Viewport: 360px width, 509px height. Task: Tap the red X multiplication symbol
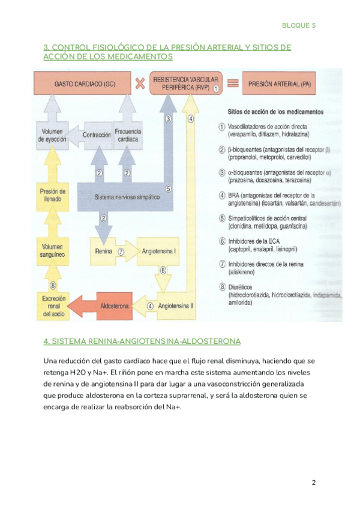click(x=140, y=83)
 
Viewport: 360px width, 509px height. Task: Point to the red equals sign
click(x=233, y=83)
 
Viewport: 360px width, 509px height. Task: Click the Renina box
click(x=104, y=251)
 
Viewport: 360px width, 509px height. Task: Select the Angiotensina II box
click(x=174, y=306)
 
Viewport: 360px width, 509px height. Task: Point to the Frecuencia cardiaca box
click(x=127, y=135)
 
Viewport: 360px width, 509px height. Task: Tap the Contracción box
click(x=97, y=135)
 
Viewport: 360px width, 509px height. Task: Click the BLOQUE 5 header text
click(x=298, y=25)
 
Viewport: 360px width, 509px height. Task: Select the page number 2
click(x=314, y=483)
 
